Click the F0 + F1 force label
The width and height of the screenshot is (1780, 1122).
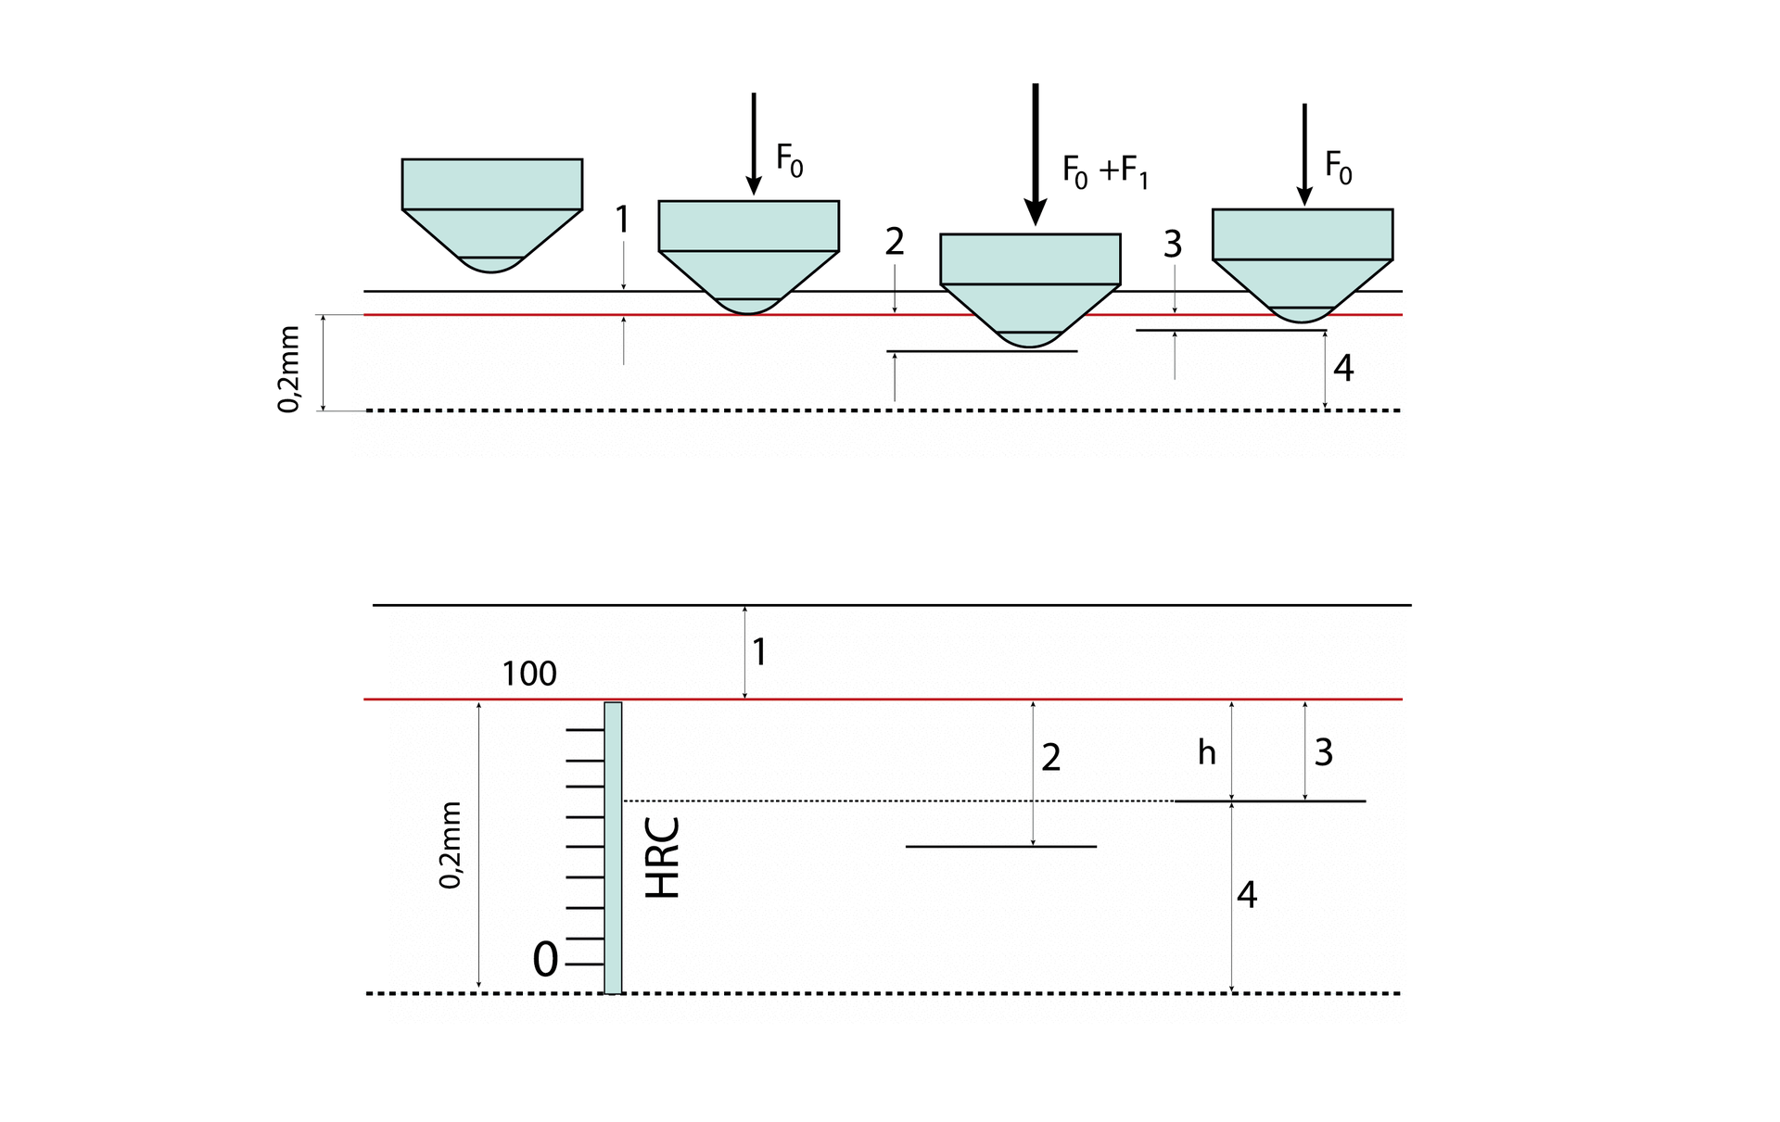(x=1105, y=172)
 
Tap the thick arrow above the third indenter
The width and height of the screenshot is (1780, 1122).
(x=1035, y=153)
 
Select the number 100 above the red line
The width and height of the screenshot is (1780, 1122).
(x=528, y=674)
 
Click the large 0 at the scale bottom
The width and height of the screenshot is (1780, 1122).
(x=545, y=960)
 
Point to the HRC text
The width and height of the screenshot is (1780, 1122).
(x=663, y=858)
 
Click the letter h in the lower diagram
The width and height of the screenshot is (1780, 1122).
(x=1206, y=752)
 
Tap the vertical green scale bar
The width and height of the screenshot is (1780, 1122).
(x=613, y=847)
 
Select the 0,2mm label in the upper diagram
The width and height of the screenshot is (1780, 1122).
(x=289, y=369)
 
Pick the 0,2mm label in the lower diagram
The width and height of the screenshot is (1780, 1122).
(x=450, y=845)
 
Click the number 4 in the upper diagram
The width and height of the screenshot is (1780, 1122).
(x=1343, y=369)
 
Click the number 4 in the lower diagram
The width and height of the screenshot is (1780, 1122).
(x=1247, y=895)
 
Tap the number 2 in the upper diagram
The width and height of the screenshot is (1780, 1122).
(x=894, y=242)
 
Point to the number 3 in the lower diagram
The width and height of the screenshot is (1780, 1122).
(x=1324, y=752)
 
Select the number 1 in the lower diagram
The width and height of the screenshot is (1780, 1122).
(x=759, y=652)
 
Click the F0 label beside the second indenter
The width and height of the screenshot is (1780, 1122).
(x=789, y=161)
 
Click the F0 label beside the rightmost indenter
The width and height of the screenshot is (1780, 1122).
(x=1338, y=168)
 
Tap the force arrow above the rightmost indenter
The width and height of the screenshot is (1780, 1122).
(x=1304, y=153)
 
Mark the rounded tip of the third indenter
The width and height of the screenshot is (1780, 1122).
(x=1030, y=339)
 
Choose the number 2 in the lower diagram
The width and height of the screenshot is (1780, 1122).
(x=1050, y=758)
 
